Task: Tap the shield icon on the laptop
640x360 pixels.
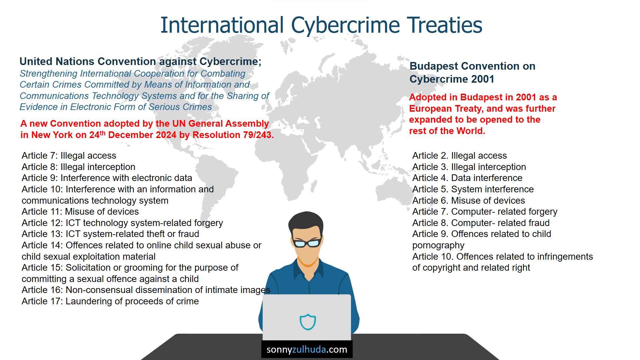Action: click(x=308, y=322)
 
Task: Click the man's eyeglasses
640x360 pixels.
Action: click(x=307, y=243)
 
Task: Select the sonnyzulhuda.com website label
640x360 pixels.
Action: click(x=307, y=349)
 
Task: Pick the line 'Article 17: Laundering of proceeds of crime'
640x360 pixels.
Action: click(x=110, y=301)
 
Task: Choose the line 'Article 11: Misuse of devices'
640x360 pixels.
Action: click(x=80, y=212)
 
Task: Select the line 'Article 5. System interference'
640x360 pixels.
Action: click(x=473, y=189)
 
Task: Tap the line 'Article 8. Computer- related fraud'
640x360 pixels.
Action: click(x=481, y=223)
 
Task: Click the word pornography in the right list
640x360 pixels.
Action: click(x=438, y=246)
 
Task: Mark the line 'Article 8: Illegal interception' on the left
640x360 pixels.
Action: click(x=78, y=167)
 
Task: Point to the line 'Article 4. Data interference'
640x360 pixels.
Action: click(x=467, y=178)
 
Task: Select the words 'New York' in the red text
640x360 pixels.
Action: click(x=52, y=135)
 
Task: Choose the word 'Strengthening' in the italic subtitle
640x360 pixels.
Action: click(x=48, y=74)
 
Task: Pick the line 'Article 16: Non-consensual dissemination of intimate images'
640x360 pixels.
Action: click(x=146, y=290)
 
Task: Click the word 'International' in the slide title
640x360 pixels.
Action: click(x=222, y=25)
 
